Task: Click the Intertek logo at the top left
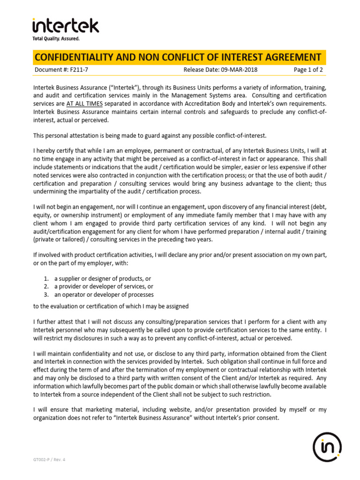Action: [65, 26]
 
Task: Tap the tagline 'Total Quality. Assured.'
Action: [56, 38]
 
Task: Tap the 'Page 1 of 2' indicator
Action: [308, 70]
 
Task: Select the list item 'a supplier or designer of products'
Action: [102, 278]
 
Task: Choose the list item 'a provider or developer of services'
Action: [104, 286]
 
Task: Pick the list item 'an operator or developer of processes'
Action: [104, 294]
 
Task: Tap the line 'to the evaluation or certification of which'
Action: [111, 306]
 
